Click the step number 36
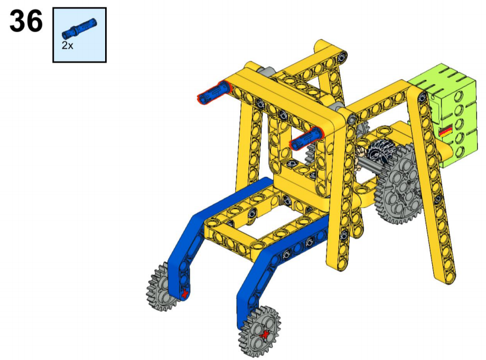26,21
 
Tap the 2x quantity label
67,45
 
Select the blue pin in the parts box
79,29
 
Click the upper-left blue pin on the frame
214,92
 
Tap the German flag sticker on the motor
446,131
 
